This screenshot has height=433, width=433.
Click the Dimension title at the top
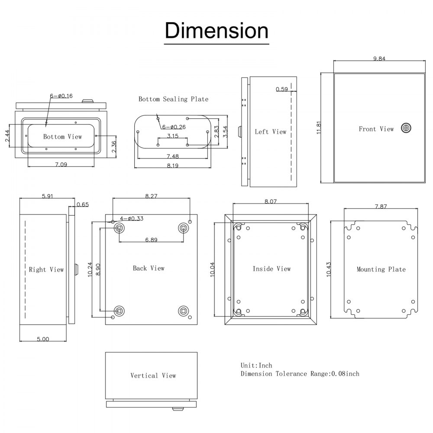point(216,31)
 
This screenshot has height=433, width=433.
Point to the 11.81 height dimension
point(319,128)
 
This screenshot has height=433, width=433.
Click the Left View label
point(271,132)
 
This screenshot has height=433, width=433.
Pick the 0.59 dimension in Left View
point(281,90)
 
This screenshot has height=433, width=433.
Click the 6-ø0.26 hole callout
point(174,127)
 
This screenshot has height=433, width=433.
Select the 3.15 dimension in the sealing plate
point(173,136)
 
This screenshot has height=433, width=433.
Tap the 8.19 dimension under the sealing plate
point(173,165)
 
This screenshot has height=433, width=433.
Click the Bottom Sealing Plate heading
point(173,99)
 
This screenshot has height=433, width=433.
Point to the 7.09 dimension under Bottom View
point(61,165)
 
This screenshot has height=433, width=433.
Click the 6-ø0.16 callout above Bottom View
point(61,96)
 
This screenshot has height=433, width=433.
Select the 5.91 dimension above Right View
point(48,196)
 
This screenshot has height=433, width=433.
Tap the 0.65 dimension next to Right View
point(82,204)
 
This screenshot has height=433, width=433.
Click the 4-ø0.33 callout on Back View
point(131,218)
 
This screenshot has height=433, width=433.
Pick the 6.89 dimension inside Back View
point(151,239)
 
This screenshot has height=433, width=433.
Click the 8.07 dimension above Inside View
point(270,201)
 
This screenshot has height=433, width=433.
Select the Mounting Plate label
point(381,269)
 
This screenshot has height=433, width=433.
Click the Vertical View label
point(153,375)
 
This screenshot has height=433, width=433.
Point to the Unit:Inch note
point(256,365)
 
